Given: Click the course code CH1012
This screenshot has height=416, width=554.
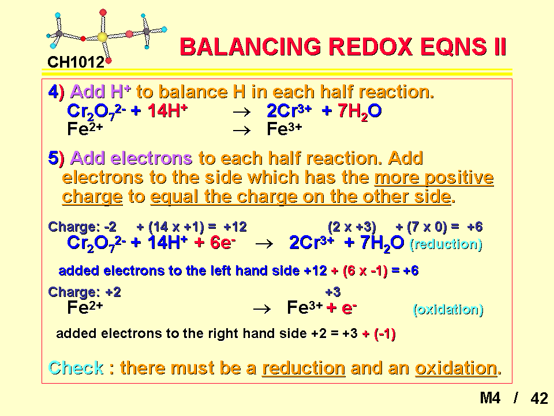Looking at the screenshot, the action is (x=76, y=62).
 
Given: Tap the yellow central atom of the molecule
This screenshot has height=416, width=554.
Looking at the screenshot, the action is (x=102, y=37).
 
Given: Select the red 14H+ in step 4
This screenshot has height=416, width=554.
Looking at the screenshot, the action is (x=167, y=111).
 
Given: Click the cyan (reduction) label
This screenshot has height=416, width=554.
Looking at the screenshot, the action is (x=446, y=244).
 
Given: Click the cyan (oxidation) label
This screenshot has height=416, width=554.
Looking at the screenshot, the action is (x=448, y=310).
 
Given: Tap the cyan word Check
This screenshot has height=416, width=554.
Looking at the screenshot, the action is (x=76, y=368).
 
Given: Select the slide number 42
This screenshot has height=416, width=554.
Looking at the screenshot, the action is (x=539, y=398).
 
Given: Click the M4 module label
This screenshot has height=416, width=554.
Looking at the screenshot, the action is (x=490, y=398).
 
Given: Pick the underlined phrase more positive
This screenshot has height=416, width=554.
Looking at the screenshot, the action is (x=434, y=177).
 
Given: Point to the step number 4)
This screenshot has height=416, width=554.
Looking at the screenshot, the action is (x=56, y=92).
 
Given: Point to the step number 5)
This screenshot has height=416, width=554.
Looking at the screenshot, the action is (x=56, y=158).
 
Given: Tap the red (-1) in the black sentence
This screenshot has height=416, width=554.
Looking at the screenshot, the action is (x=384, y=333).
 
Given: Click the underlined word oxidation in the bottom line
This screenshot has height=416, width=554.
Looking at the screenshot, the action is (x=456, y=368).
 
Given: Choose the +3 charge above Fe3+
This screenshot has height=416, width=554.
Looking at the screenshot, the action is (x=333, y=292).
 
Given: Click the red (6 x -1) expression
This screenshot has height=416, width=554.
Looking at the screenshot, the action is (x=365, y=271).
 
